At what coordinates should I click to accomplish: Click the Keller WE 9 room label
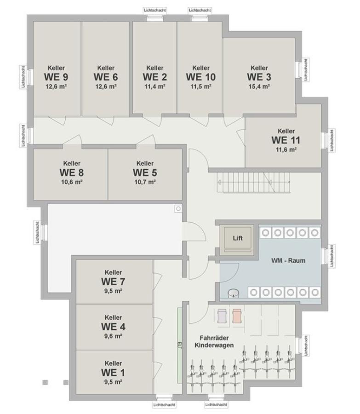[x=56, y=76]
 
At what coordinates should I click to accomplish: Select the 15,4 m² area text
[x=259, y=86]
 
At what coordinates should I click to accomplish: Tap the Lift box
[x=237, y=239]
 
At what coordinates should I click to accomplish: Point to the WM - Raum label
[x=288, y=260]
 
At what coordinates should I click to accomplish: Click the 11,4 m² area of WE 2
[x=154, y=86]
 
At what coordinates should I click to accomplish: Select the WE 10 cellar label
[x=200, y=76]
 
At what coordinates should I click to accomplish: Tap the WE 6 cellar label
[x=106, y=76]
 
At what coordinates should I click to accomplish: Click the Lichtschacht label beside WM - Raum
[x=331, y=256]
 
